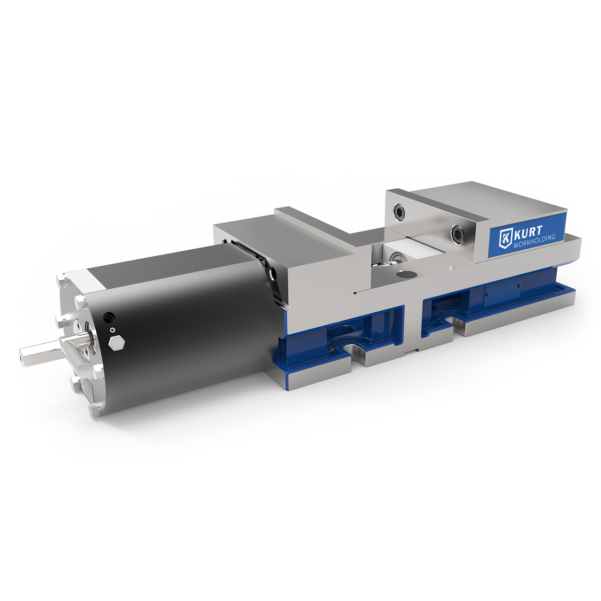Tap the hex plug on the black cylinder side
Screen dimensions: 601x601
[116, 343]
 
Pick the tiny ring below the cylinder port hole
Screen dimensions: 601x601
[112, 330]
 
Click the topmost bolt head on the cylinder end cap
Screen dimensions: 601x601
[61, 281]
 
